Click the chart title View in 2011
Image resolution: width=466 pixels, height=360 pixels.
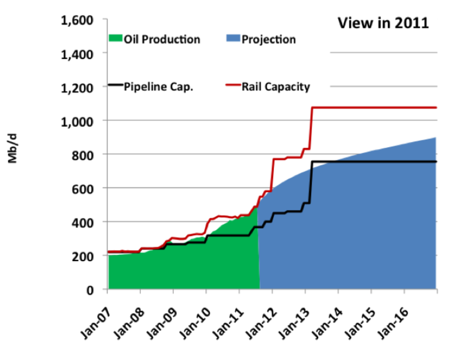click(x=383, y=23)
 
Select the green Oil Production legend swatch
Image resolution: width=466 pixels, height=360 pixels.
click(x=115, y=38)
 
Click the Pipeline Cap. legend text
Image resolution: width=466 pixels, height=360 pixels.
click(x=158, y=87)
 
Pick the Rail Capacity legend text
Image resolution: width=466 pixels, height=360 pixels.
click(x=275, y=87)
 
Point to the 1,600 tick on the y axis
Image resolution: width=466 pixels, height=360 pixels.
click(x=77, y=20)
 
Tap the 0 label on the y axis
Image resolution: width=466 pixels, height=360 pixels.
click(x=90, y=290)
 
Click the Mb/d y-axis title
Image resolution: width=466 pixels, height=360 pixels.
click(x=13, y=148)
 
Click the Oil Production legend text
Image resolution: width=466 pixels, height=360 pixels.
click(x=162, y=39)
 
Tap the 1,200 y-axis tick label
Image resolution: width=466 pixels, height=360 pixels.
click(x=77, y=88)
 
